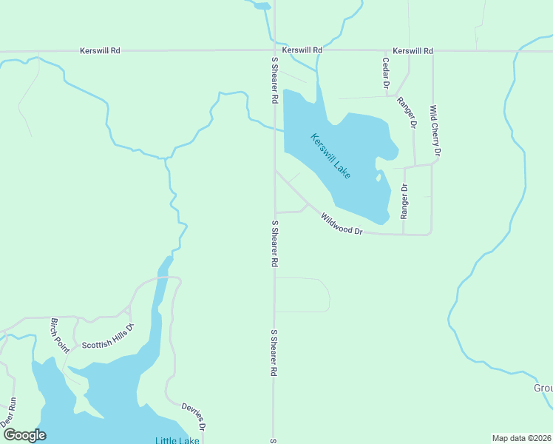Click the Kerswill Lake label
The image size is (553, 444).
click(x=330, y=155)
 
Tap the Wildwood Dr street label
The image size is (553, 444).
click(x=342, y=224)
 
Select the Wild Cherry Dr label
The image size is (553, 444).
click(x=435, y=130)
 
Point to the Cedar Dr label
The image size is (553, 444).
click(x=385, y=73)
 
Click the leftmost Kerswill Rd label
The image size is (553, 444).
click(x=100, y=50)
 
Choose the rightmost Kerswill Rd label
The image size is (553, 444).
click(x=413, y=50)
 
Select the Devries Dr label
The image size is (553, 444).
click(x=193, y=417)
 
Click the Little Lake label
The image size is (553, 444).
click(x=177, y=440)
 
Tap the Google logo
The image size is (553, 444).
click(x=24, y=435)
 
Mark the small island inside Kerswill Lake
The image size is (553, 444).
click(x=379, y=177)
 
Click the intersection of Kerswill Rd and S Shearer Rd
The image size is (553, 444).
click(x=274, y=51)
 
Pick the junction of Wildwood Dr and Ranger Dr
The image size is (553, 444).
click(x=404, y=234)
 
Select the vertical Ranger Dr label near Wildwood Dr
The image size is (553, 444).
click(x=404, y=202)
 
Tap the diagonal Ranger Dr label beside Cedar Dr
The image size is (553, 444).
click(x=406, y=112)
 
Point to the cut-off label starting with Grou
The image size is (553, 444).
click(x=543, y=388)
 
